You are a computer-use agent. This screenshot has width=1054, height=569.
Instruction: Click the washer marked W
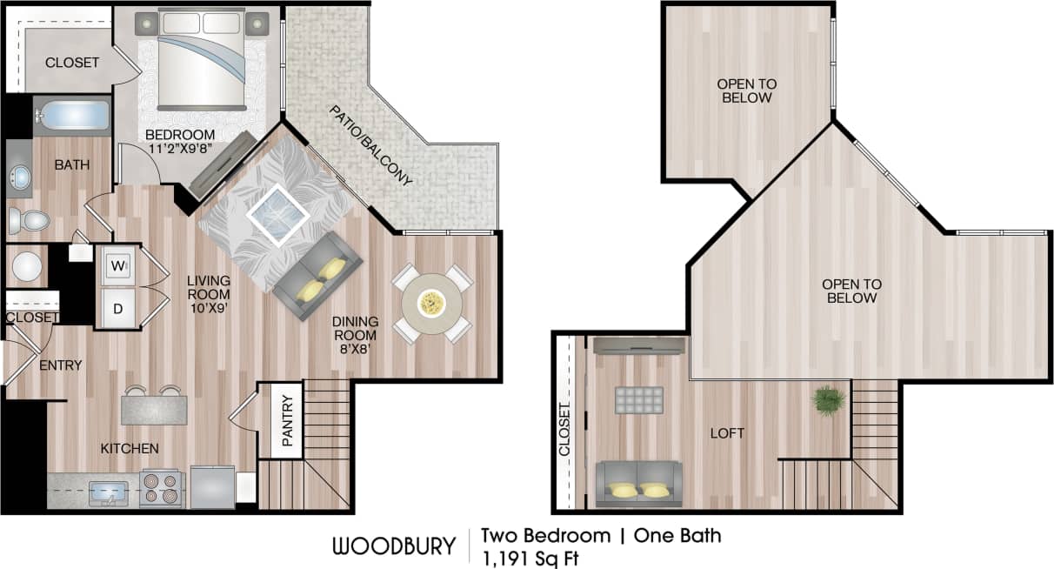point(117,265)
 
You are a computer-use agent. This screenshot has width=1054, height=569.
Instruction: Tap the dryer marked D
point(117,309)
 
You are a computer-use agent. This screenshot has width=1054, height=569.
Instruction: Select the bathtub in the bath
point(72,116)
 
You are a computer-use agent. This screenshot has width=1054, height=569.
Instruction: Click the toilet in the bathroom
point(29,221)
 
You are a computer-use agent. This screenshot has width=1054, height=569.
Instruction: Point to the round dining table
point(431,303)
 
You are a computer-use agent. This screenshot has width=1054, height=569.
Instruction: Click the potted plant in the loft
point(828,400)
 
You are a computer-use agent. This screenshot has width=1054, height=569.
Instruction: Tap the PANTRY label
point(289,419)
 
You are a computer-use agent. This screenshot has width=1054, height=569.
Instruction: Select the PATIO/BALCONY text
point(370,145)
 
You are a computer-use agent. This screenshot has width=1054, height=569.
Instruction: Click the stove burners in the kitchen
point(161,488)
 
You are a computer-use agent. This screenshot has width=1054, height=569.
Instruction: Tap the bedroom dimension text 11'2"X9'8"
point(180,148)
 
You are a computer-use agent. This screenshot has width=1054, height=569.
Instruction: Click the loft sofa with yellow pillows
point(637,485)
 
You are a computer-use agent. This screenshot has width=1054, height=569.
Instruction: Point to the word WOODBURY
point(393,546)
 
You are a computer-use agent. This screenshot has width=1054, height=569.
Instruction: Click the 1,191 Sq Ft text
point(530,557)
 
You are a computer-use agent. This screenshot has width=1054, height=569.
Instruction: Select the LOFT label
point(727,432)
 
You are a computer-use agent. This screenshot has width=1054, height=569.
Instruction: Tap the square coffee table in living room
point(277,212)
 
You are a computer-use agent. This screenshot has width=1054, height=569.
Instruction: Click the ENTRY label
point(61,365)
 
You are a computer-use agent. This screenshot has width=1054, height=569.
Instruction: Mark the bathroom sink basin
point(19,179)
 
